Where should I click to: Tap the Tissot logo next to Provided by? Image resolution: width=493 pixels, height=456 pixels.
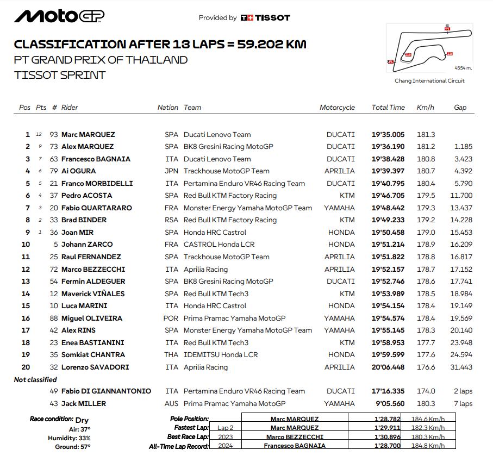[265, 18]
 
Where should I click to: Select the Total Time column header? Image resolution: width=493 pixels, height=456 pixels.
[388, 108]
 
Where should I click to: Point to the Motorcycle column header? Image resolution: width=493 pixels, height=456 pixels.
[337, 108]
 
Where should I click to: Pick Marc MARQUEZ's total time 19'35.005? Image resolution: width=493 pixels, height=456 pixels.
[388, 134]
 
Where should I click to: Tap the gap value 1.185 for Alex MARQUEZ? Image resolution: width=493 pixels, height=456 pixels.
[463, 147]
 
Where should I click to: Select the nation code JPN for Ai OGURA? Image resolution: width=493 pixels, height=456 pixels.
[171, 171]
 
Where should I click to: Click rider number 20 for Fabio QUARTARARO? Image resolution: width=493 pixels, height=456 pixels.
[54, 208]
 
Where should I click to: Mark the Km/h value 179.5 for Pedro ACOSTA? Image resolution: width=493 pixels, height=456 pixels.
[426, 196]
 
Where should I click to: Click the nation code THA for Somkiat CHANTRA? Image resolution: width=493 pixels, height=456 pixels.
[171, 355]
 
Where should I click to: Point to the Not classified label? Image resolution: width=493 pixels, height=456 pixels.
[35, 380]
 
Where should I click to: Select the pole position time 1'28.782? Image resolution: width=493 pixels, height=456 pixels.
[384, 419]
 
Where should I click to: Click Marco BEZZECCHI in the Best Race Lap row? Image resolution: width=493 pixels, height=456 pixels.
[295, 437]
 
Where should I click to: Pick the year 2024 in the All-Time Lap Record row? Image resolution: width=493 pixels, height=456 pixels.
[224, 446]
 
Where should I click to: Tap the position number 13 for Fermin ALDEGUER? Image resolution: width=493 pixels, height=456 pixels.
[26, 282]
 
